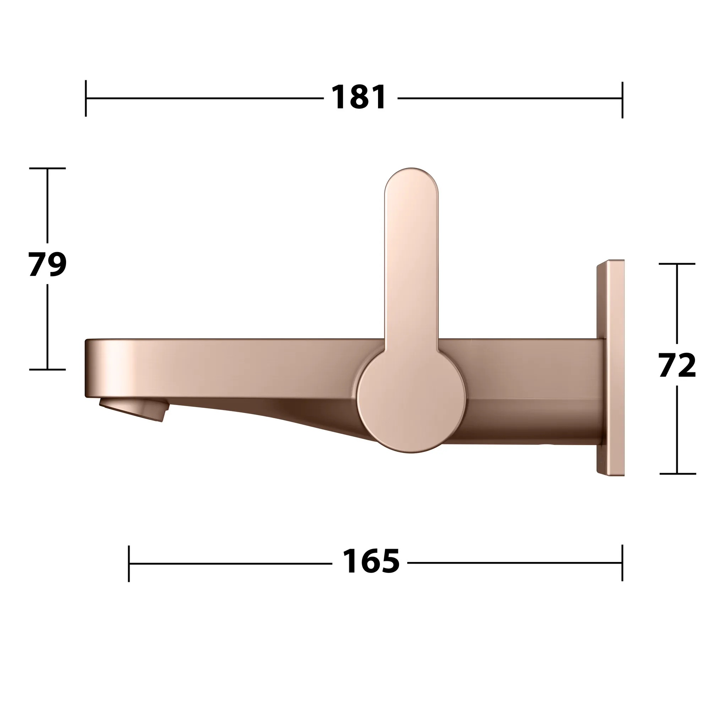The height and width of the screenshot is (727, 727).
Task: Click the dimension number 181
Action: pyautogui.click(x=359, y=98)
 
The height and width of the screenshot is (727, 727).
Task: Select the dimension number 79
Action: pyautogui.click(x=48, y=264)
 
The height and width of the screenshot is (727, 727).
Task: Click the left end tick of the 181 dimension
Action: pyautogui.click(x=86, y=98)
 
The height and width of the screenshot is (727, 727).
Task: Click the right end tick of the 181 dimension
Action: pyautogui.click(x=622, y=99)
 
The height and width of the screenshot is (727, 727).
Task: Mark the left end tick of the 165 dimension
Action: pyautogui.click(x=129, y=563)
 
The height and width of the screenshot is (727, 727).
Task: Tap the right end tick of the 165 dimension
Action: pyautogui.click(x=622, y=563)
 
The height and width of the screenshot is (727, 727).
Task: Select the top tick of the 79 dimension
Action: pyautogui.click(x=48, y=168)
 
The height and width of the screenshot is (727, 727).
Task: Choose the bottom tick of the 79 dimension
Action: pyautogui.click(x=48, y=370)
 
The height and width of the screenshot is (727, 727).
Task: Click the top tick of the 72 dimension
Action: pyautogui.click(x=677, y=264)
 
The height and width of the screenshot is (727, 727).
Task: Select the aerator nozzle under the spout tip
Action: pyautogui.click(x=133, y=410)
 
